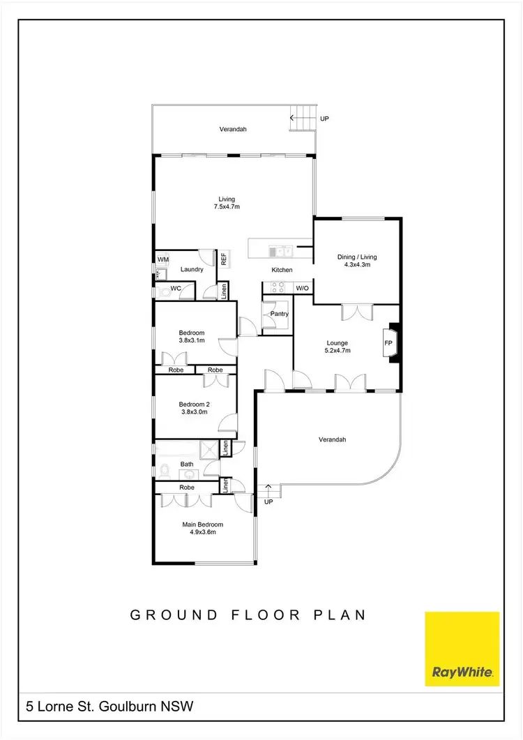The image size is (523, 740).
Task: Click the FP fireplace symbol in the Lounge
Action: click(388, 343)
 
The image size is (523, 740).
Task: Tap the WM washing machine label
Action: click(163, 259)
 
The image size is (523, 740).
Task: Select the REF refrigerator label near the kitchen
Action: click(224, 259)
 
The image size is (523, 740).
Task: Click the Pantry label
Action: click(280, 314)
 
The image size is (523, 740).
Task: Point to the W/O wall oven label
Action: click(302, 288)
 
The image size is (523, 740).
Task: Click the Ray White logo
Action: click(462, 649)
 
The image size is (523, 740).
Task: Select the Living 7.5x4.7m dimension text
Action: click(227, 207)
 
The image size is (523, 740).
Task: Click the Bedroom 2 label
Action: click(195, 405)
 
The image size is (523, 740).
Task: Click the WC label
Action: click(176, 288)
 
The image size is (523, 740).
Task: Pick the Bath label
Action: click(187, 464)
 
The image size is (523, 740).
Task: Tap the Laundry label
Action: click(191, 269)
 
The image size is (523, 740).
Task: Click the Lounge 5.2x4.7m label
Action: click(338, 347)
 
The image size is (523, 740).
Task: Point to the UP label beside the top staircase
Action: click(324, 119)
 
